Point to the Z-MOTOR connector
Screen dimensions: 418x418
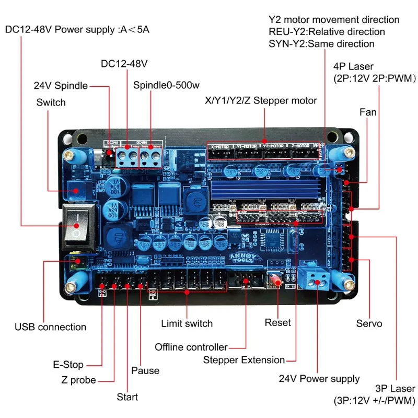(304, 150)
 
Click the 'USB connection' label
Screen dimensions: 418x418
(50, 327)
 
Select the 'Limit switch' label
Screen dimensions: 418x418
(187, 323)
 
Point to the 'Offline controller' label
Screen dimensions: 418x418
(191, 347)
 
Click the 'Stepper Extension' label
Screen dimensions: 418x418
(244, 359)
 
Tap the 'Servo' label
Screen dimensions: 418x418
(369, 323)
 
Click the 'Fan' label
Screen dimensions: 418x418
(368, 112)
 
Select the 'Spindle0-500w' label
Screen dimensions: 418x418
(160, 85)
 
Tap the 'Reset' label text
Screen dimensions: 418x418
(277, 322)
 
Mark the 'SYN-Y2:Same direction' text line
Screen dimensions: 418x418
(321, 44)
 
